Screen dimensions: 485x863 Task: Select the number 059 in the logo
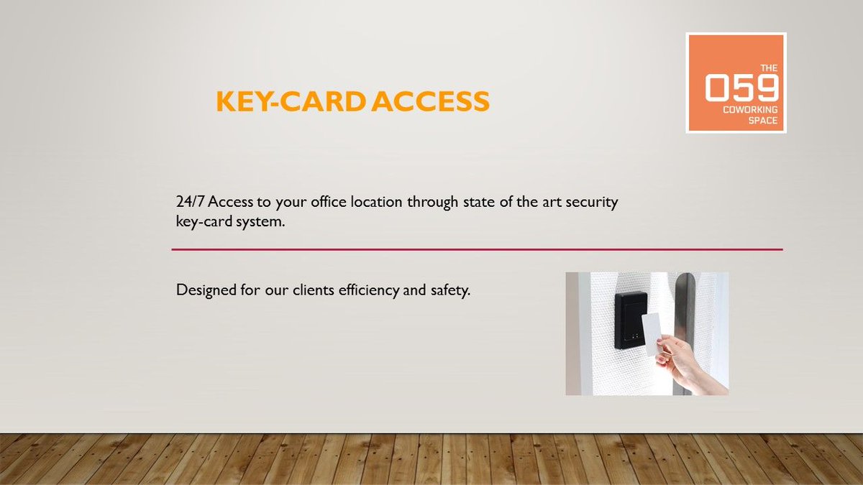click(741, 89)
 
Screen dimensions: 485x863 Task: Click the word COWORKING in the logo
click(751, 110)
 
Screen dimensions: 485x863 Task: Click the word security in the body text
click(593, 203)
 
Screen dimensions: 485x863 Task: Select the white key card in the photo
click(652, 333)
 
